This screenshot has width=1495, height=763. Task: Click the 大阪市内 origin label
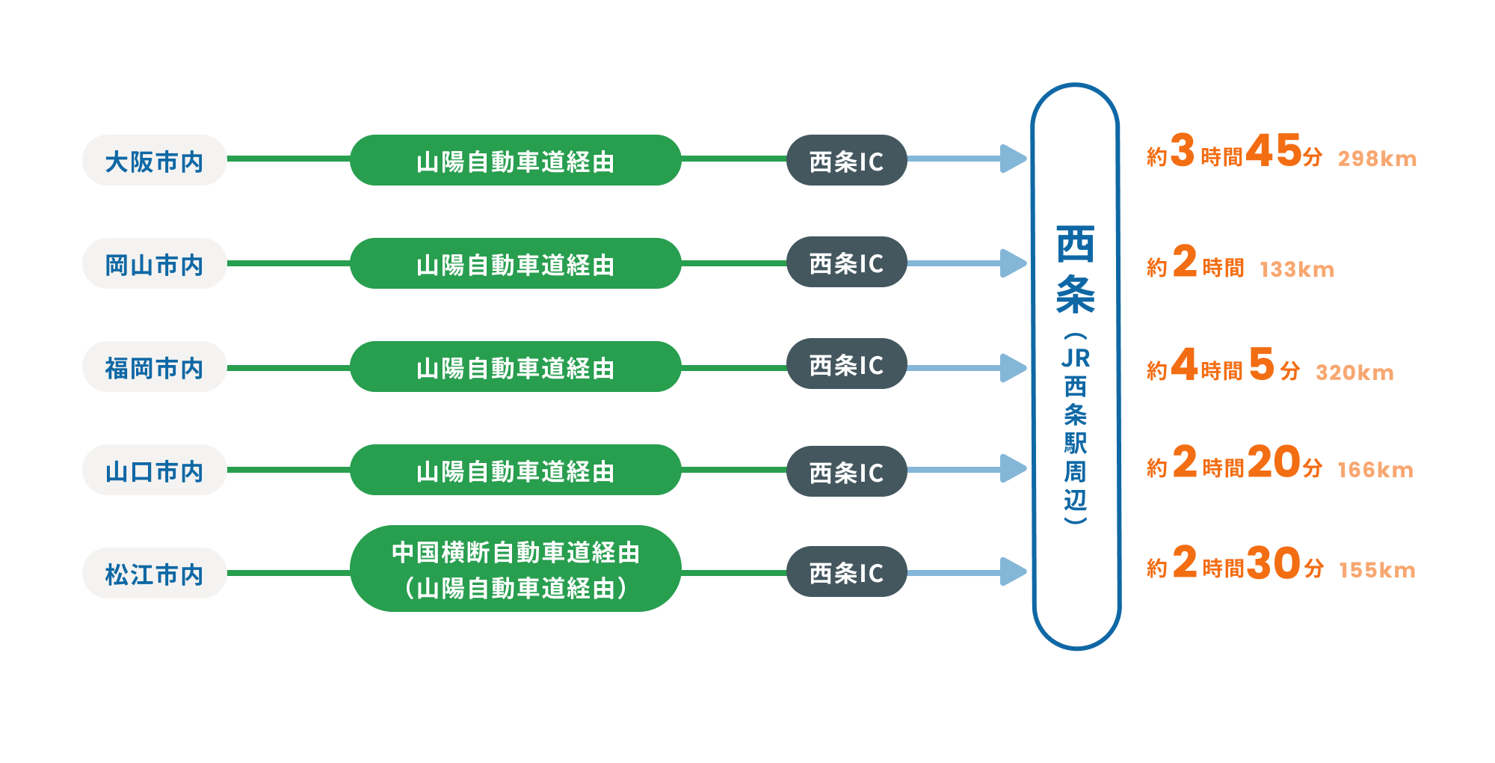[154, 160]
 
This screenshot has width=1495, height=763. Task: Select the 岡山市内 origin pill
[154, 263]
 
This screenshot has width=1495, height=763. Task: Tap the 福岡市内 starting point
[154, 367]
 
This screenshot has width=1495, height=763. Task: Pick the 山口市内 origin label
[154, 470]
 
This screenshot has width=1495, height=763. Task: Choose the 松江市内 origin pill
[154, 573]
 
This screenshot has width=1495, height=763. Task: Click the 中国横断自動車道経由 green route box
[516, 569]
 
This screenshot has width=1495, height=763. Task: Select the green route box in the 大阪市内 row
[516, 160]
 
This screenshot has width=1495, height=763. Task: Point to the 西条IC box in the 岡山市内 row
[847, 263]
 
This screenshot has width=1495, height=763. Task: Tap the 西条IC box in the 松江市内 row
[847, 572]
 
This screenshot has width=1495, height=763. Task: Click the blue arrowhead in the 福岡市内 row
[1014, 367]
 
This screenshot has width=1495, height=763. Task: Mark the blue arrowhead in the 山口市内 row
[1014, 469]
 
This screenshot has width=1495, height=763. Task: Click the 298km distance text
[1377, 159]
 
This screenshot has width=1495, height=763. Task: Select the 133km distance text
[1297, 269]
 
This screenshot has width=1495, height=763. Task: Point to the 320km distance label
[1354, 373]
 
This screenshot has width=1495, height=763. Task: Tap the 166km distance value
[1375, 470]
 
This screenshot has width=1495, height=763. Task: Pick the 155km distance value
[1377, 570]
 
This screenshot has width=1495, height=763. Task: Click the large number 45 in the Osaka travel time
[1274, 150]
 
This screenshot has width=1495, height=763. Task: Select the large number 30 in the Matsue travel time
[1274, 563]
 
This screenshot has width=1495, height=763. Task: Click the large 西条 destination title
[1076, 269]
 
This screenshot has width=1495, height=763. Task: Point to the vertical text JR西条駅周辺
[1076, 429]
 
